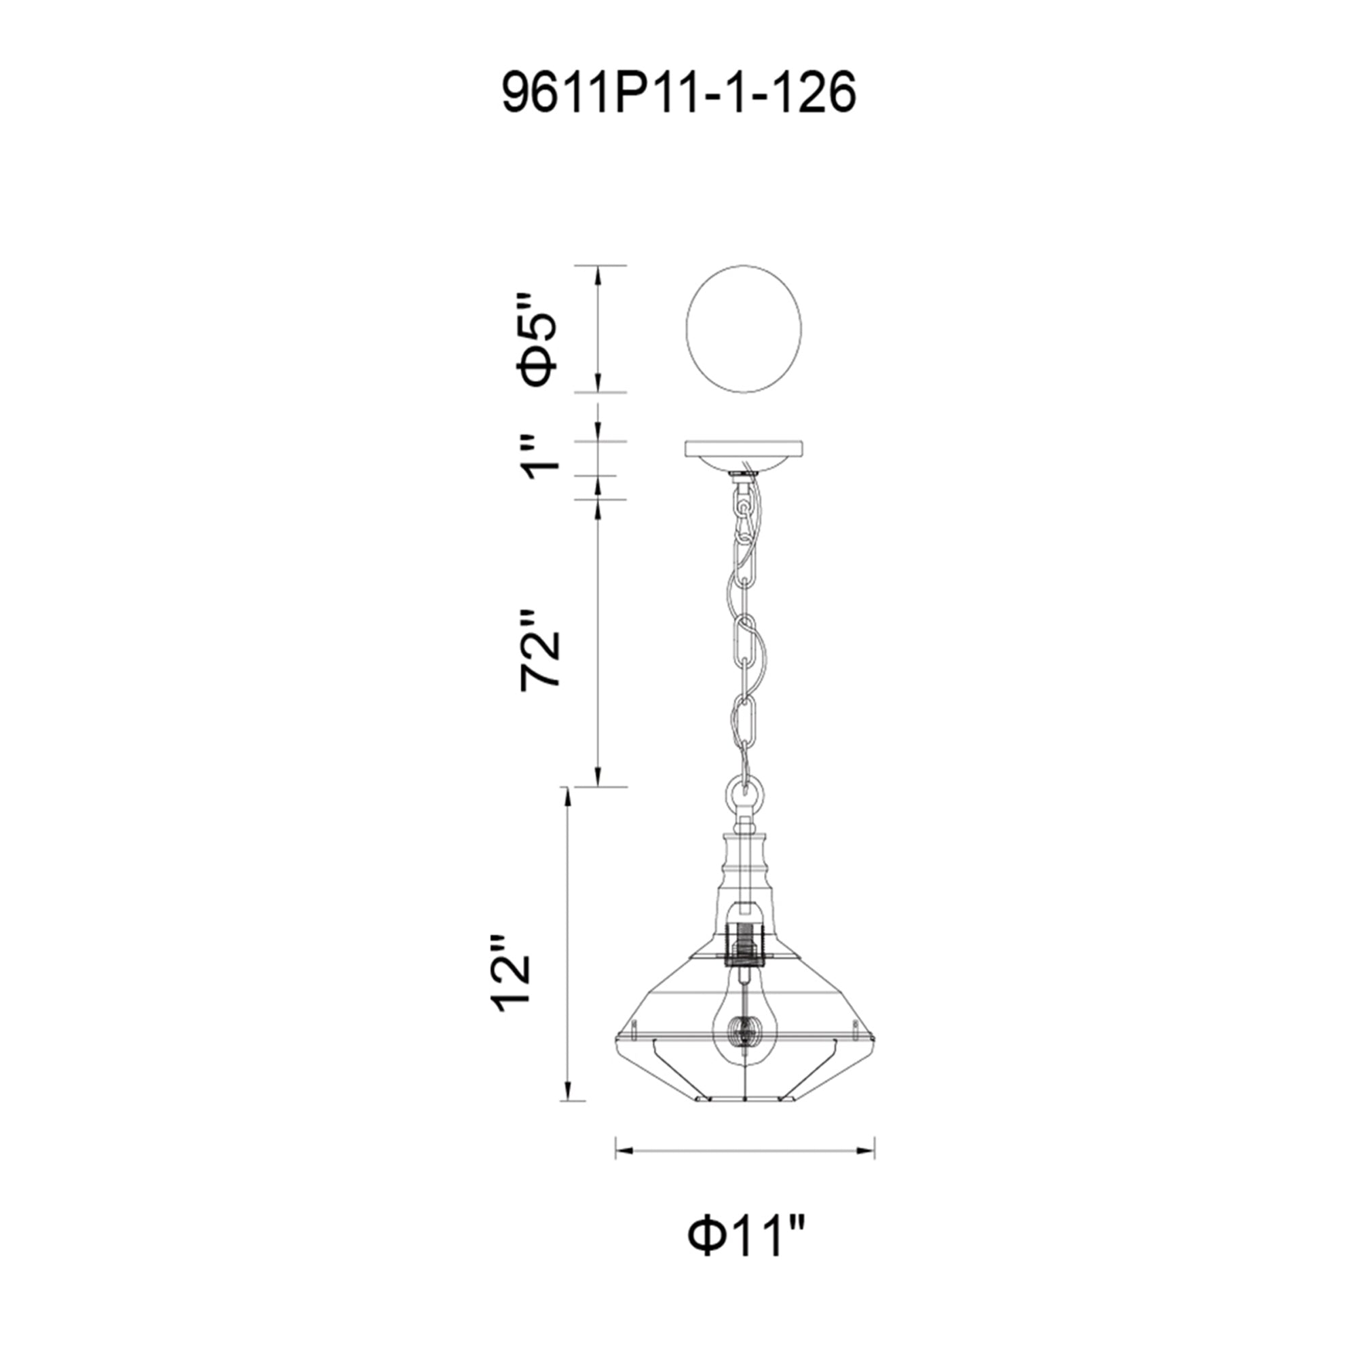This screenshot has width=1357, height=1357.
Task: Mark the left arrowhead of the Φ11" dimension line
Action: tap(622, 1170)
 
